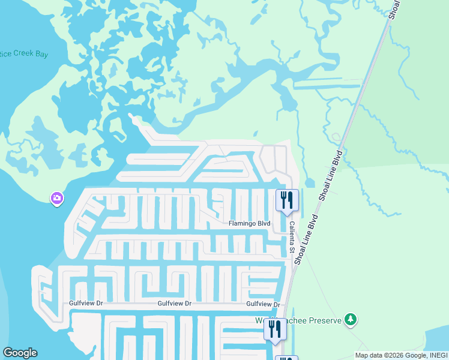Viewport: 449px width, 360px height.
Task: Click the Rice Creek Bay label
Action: coord(23,54)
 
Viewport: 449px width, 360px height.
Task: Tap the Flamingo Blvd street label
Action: coord(249,224)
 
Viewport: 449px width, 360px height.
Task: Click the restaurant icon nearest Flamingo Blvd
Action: coord(286,200)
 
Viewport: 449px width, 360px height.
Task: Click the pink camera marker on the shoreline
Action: coord(57,197)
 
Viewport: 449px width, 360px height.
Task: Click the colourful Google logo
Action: coord(20,353)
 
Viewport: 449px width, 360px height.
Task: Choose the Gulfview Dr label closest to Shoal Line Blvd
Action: coord(264,304)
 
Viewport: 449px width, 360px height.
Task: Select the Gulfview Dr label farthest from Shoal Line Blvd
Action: coord(86,304)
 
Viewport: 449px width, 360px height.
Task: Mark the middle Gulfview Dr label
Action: coord(174,304)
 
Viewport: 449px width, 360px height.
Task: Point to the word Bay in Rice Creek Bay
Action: coord(41,54)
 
